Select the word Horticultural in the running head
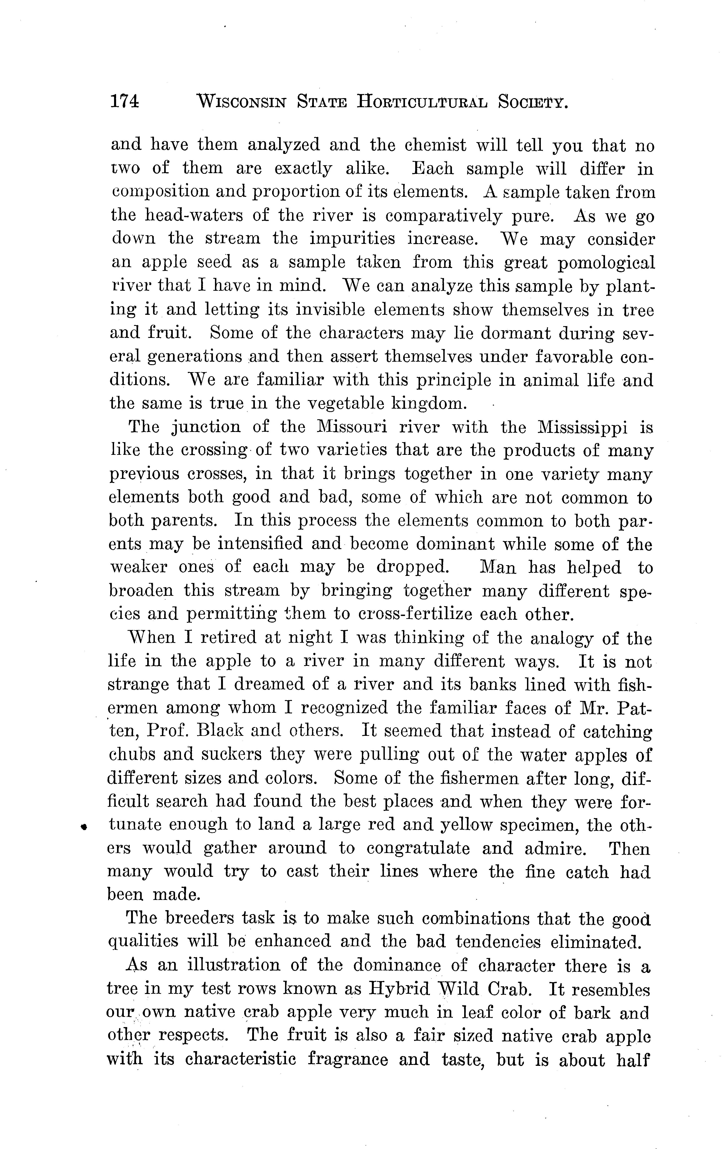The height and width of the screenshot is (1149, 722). point(422,102)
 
